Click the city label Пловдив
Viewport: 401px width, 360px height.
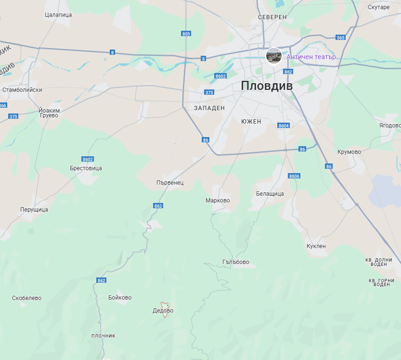(x=266, y=86)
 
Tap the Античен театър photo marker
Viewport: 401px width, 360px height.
(x=274, y=56)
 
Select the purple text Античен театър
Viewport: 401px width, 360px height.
(x=311, y=57)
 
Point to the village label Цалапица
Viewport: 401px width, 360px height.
(x=58, y=15)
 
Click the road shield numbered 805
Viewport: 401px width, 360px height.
(x=186, y=34)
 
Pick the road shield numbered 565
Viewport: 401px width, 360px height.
(x=341, y=38)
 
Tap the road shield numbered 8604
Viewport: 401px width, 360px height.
(x=284, y=126)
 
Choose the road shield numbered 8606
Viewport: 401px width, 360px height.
(x=294, y=176)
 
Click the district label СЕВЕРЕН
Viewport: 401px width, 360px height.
(x=272, y=17)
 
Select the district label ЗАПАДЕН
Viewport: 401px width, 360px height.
(x=210, y=108)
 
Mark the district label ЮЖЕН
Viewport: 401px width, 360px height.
(x=251, y=122)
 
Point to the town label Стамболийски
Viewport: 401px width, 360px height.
(x=23, y=90)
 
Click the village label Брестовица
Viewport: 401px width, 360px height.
(x=86, y=168)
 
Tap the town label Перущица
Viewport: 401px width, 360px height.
(x=34, y=209)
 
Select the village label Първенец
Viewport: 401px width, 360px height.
(x=170, y=183)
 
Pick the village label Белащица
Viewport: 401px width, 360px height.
(x=270, y=194)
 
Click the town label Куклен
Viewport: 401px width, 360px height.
(x=316, y=246)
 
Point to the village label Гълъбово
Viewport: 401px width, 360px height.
(x=236, y=262)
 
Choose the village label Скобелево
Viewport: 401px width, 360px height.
(x=27, y=298)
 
